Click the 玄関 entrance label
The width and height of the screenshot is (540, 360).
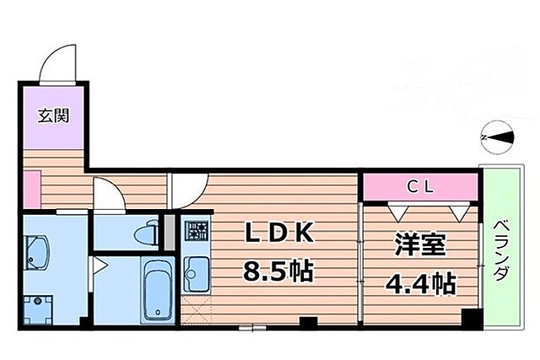pos(51,117)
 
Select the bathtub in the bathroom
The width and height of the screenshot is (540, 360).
pos(157,291)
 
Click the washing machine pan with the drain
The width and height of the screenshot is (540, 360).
pos(38,304)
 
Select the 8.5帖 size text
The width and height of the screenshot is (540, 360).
pos(278,271)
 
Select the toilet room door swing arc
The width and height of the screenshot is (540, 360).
pos(108,196)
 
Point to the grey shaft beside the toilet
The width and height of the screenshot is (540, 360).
pos(168,232)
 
